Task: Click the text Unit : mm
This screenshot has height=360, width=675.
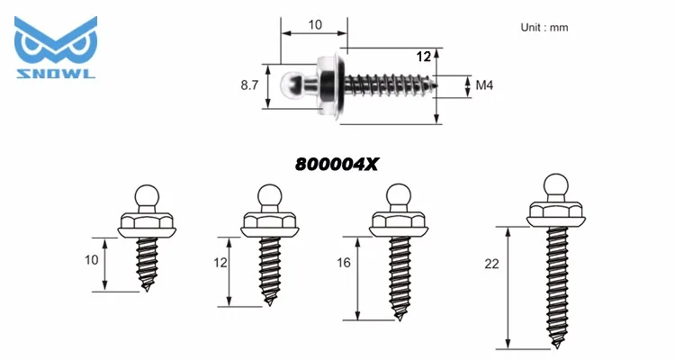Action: click(544, 28)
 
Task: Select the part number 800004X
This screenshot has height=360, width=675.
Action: click(337, 164)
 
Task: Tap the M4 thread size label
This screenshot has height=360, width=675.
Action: click(484, 85)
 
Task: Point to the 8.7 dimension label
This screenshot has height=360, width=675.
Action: click(249, 85)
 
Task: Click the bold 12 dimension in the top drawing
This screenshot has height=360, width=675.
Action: click(424, 57)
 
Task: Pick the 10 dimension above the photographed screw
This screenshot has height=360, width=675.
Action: click(315, 25)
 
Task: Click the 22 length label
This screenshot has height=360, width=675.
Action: click(491, 264)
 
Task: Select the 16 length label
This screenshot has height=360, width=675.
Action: click(344, 262)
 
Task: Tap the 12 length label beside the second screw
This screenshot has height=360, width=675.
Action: click(220, 262)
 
